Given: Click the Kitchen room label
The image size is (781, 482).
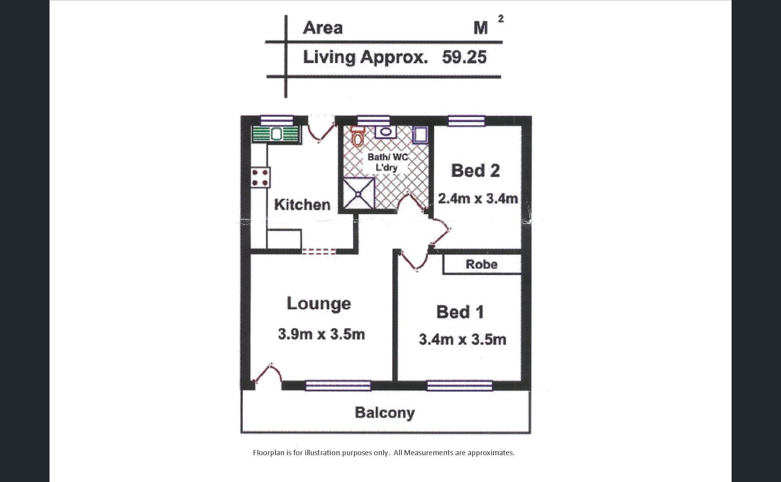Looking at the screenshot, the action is point(302,204).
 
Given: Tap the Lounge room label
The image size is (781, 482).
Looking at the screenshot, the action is point(319,304).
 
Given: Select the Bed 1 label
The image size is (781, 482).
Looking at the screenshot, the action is point(460,312).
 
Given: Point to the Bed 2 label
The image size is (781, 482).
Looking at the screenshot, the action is point(475,171).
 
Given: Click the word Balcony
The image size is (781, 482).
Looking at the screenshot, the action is point(385,413).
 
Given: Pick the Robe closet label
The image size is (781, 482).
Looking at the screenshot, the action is point(482,264).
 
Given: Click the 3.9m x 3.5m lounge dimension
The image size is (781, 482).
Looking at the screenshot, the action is point(321,334).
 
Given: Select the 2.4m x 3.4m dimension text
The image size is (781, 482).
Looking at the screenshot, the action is point(478,199).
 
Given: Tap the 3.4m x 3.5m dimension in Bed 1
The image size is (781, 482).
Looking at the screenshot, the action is point(462,339).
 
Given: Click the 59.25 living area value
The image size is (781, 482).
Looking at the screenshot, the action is point(464,57).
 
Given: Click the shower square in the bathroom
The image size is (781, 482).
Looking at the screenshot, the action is point(359,194).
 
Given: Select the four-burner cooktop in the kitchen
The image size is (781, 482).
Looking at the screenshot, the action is point(260,178).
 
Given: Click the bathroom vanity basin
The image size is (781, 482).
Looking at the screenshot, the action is point(385,132).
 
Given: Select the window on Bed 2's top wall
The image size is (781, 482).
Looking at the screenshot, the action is point(467,120).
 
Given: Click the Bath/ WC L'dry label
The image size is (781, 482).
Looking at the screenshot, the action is point(387,162).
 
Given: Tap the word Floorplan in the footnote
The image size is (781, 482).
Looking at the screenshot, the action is point(268,453).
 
